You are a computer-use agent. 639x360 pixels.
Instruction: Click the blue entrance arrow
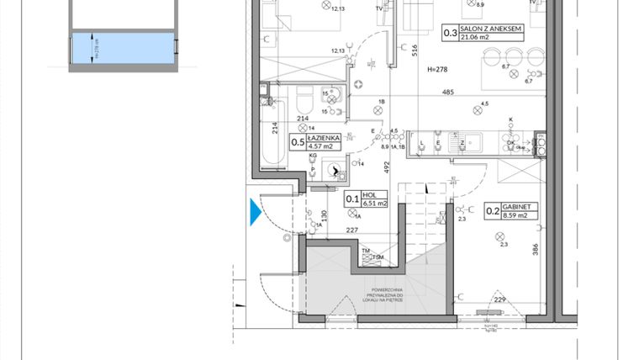point(256,212)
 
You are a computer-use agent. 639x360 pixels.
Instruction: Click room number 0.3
point(451,34)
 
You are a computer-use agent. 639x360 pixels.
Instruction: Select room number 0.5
point(298,142)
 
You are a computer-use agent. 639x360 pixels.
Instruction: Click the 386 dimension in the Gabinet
point(534,249)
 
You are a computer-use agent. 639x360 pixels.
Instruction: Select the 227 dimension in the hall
point(354,233)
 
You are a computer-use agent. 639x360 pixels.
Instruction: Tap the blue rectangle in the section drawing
point(86,48)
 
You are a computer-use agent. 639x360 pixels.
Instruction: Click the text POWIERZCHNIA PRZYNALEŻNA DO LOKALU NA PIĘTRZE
point(378,297)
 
